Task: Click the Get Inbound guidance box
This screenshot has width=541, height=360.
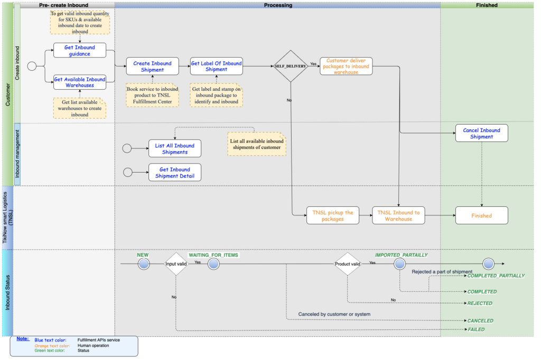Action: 80,51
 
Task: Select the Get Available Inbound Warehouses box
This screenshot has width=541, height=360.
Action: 80,82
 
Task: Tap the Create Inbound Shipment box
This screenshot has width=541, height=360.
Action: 152,67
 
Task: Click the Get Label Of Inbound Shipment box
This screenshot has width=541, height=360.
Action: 216,67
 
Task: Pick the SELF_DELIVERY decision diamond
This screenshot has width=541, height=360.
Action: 291,67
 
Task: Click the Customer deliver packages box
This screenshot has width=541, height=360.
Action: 346,67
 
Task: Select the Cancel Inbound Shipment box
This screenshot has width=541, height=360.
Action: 481,133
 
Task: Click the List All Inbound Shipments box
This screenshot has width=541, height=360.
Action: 175,149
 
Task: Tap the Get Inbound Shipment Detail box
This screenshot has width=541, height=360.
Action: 175,173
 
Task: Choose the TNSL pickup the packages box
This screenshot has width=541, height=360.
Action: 332,215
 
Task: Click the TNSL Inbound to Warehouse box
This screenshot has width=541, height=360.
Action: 398,215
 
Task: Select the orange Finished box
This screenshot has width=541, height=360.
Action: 481,215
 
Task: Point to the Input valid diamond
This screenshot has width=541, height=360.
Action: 176,263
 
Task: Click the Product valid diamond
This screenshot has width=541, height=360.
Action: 347,263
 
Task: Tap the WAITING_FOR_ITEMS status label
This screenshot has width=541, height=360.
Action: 213,255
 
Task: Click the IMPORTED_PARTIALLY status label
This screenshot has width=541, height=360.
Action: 401,255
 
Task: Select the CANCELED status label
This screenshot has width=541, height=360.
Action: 480,320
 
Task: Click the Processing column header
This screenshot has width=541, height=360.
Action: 278,5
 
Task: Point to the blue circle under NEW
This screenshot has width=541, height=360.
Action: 144,263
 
